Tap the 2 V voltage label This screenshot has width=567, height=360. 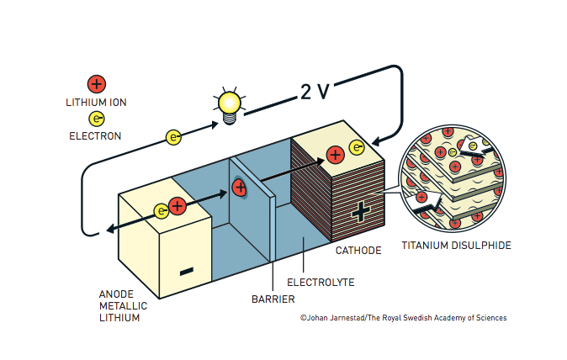315,92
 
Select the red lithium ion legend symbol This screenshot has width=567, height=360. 97,83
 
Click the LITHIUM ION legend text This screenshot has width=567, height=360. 96,102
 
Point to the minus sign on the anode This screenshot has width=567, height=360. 187,271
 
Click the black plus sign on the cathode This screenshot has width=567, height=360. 361,211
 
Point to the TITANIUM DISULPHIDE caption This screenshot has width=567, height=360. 456,246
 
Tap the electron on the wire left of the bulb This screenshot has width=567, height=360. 174,136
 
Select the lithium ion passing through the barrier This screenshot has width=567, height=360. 239,187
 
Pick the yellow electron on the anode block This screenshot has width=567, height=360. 161,211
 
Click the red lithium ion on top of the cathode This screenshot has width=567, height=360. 335,154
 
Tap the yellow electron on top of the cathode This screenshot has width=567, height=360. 357,149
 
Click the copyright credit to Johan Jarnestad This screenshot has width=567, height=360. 403,318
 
